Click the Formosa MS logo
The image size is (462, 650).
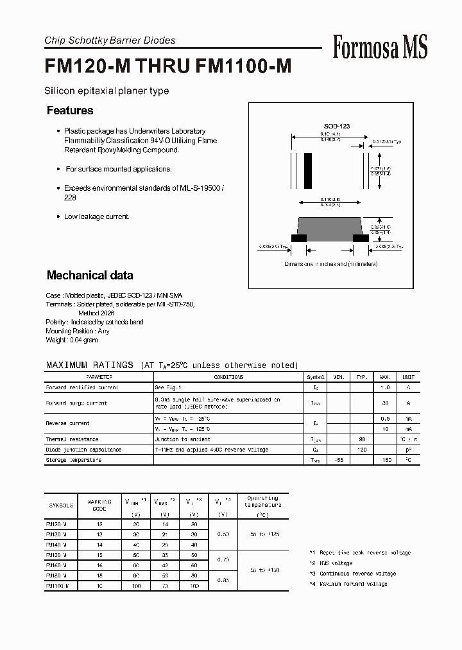click(x=380, y=47)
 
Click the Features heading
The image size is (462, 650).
click(x=70, y=110)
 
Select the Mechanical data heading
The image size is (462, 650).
click(x=90, y=276)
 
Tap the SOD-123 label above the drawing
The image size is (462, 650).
click(x=336, y=127)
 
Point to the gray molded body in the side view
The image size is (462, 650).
click(x=330, y=227)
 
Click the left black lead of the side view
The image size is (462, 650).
click(x=298, y=238)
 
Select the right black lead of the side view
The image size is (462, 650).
click(x=361, y=238)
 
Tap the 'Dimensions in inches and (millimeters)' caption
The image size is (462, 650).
click(x=331, y=264)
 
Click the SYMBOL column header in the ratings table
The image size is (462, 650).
click(x=316, y=377)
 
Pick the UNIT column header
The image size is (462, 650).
click(x=408, y=377)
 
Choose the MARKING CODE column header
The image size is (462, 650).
click(x=99, y=505)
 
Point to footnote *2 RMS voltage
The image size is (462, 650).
click(x=330, y=563)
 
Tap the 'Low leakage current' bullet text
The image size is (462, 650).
click(x=96, y=217)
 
